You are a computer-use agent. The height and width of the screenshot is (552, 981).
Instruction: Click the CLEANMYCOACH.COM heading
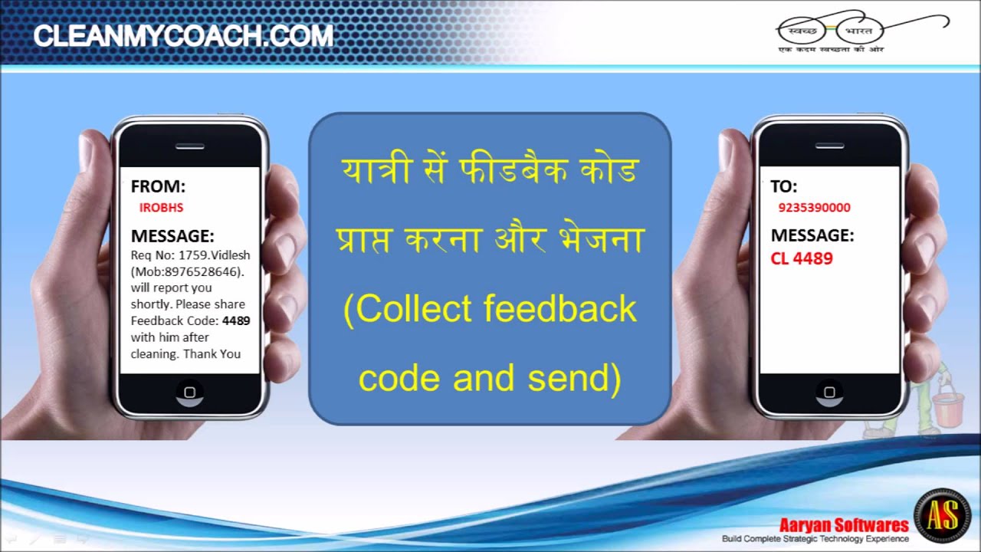[183, 36]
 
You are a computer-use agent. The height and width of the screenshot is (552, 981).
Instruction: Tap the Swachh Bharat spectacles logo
[832, 31]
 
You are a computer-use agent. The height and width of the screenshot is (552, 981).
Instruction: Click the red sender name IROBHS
[161, 207]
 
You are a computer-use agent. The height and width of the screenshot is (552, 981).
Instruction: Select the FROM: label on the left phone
[158, 186]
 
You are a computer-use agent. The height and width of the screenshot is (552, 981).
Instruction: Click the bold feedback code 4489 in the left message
[236, 320]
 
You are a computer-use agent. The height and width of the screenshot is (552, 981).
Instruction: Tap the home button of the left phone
[189, 393]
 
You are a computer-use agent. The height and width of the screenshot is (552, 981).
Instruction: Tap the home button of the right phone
[828, 393]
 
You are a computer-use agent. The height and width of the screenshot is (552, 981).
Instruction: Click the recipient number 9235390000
[814, 207]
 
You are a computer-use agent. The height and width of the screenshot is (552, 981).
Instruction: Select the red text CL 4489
[802, 258]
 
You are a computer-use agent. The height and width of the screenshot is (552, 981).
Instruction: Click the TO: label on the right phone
[784, 186]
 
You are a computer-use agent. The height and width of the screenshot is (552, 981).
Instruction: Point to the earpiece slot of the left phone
[189, 146]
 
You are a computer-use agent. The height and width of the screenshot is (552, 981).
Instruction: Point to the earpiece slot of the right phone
[828, 146]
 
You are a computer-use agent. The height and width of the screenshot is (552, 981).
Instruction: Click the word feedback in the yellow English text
[560, 309]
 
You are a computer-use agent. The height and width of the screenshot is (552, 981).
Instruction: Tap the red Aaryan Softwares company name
[844, 525]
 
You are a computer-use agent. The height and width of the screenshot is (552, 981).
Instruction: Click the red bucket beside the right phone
[948, 406]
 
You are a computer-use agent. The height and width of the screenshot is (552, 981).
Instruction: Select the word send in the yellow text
[573, 378]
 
